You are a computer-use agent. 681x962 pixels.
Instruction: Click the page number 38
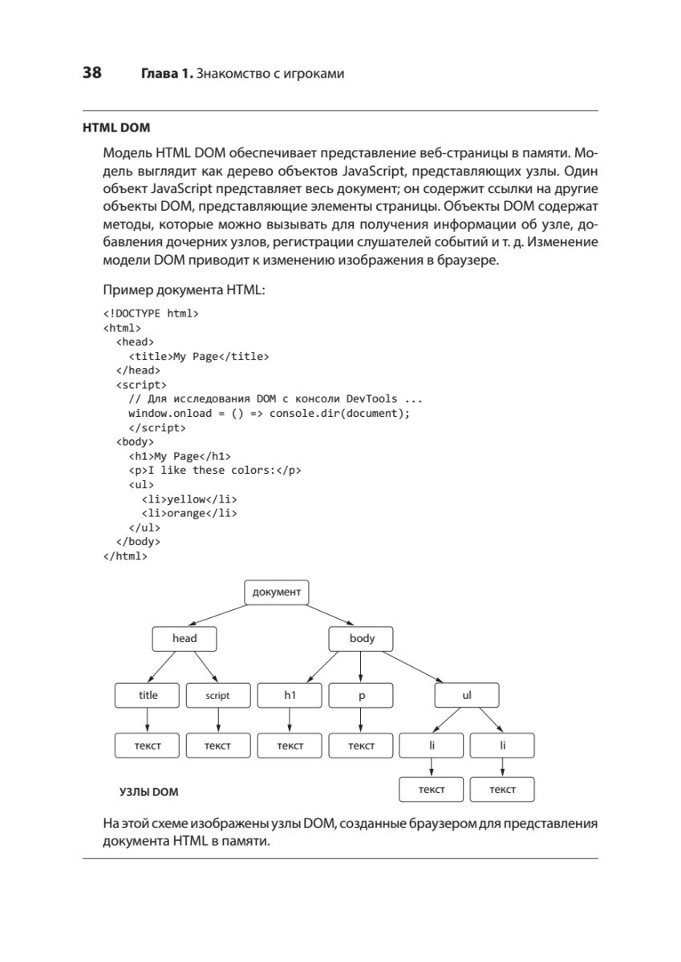[x=91, y=74]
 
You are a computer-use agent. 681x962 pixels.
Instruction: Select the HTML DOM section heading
[x=116, y=127]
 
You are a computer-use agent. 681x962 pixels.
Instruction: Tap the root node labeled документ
[x=276, y=592]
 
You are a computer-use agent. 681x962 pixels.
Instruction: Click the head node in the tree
[x=184, y=639]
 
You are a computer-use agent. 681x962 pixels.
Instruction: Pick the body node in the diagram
[x=362, y=639]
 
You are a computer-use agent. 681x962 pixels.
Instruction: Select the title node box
[x=148, y=696]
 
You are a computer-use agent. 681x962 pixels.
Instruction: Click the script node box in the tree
[x=217, y=696]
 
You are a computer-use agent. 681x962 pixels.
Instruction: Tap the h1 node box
[x=290, y=696]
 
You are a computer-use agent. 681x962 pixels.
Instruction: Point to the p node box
[x=361, y=696]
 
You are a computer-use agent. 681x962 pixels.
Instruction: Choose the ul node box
[x=467, y=696]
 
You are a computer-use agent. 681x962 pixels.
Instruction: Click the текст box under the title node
[x=148, y=746]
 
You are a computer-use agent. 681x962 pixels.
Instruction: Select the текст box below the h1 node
[x=290, y=746]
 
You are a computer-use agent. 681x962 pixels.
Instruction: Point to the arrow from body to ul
[x=418, y=667]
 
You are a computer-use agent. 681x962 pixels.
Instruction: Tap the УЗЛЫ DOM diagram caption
[x=148, y=792]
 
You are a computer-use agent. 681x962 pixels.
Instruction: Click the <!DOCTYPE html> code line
[x=151, y=313]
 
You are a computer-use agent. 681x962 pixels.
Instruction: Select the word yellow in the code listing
[x=186, y=499]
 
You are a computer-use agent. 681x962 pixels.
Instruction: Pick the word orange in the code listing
[x=186, y=513]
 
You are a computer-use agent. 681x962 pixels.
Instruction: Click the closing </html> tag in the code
[x=126, y=556]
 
